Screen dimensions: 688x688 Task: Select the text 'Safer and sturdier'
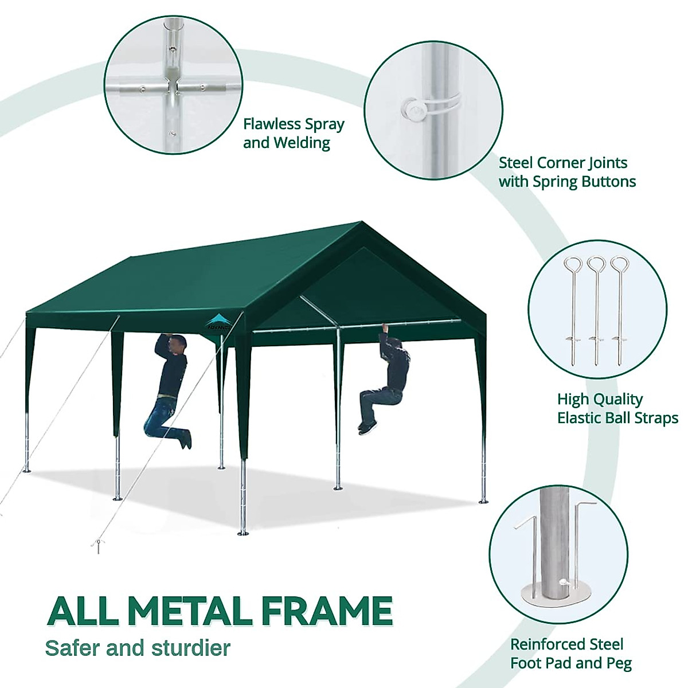tap(138, 648)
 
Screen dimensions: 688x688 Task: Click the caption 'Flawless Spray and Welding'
tap(294, 133)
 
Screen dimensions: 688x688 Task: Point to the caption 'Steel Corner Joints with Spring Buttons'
tap(567, 172)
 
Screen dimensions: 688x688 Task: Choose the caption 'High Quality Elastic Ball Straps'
tap(617, 408)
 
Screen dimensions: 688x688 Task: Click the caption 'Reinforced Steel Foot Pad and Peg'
tap(570, 654)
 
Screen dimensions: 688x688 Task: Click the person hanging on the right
tap(390, 378)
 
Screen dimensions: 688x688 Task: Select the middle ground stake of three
tap(596, 310)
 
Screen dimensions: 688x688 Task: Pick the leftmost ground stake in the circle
tap(573, 310)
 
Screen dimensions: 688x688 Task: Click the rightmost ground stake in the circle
tap(618, 310)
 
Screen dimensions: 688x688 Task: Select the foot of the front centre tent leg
tap(244, 532)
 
